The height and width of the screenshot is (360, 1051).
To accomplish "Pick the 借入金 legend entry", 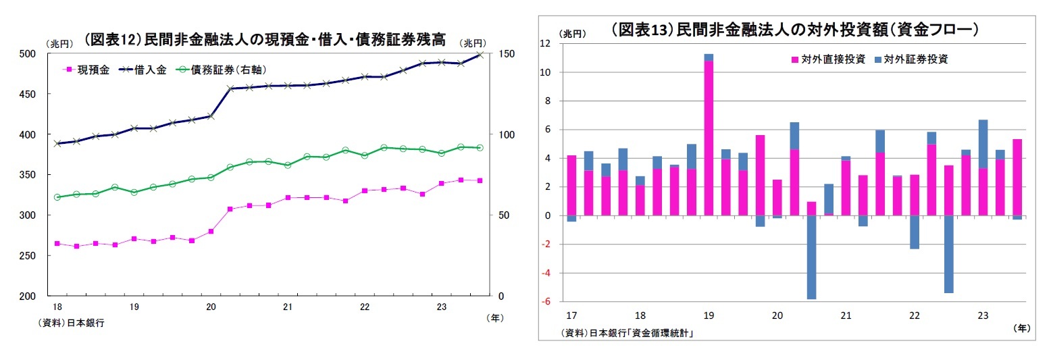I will pos(141,70).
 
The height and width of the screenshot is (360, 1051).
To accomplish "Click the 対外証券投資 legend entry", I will pos(911,59).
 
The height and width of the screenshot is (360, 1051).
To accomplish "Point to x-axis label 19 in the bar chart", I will pos(709,315).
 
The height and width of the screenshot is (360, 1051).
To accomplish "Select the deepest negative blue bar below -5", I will pos(811,257).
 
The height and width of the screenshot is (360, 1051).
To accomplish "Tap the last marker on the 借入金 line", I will pos(480,54).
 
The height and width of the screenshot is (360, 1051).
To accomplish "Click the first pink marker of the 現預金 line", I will pos(57,243).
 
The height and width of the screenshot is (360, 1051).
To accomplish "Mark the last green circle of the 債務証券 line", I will pos(480,147).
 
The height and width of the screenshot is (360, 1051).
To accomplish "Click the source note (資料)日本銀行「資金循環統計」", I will pos(627,333).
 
